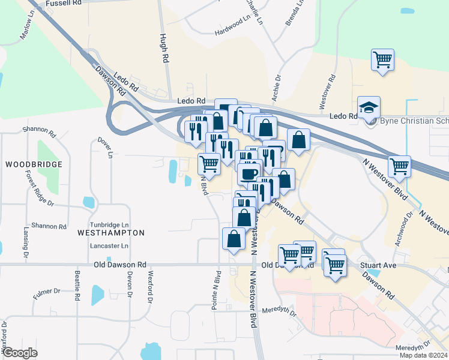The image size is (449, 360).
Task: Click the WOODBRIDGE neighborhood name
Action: (x=34, y=164)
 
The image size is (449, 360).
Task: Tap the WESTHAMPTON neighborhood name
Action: (x=111, y=232)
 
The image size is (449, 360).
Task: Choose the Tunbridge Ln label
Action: (x=109, y=223)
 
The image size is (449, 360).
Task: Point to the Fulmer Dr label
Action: (x=47, y=292)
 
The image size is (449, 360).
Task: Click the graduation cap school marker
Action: (x=369, y=107)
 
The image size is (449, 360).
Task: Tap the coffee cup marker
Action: (x=248, y=173)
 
